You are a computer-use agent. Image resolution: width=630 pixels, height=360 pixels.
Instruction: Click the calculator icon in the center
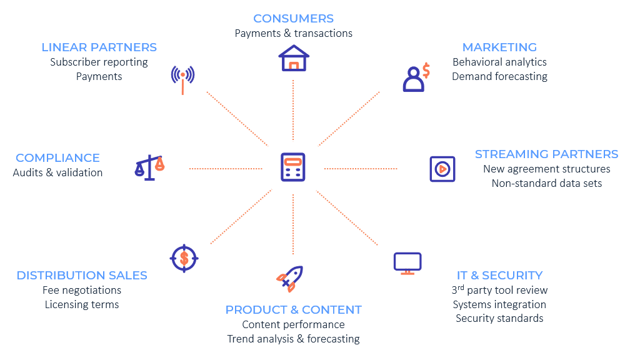click(292, 167)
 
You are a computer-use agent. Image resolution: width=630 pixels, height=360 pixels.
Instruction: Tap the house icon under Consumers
click(293, 58)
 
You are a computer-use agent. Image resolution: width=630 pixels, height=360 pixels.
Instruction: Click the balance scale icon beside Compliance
click(149, 167)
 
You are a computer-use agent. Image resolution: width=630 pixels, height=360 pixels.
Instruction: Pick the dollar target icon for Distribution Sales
click(184, 256)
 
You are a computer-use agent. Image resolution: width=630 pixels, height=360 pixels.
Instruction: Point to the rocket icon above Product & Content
click(289, 278)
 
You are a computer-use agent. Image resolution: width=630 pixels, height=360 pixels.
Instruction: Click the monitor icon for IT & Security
click(407, 263)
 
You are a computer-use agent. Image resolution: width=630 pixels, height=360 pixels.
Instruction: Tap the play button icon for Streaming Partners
click(442, 169)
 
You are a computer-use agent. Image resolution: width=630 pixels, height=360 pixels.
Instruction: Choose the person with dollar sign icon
click(416, 77)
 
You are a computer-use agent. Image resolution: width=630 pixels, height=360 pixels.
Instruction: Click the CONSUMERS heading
click(293, 19)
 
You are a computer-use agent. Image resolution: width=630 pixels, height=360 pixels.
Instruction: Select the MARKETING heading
click(499, 47)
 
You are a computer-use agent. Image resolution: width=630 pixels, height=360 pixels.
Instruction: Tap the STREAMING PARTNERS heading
click(546, 154)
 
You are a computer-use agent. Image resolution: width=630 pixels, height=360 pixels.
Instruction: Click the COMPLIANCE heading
click(57, 158)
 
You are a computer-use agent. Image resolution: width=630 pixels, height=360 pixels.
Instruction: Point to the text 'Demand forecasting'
click(499, 77)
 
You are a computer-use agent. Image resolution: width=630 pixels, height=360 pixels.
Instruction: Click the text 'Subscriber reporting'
click(99, 62)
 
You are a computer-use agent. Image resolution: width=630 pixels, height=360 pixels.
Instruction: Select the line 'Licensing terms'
click(82, 305)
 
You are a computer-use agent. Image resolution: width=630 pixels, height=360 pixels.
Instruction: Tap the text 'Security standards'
click(499, 319)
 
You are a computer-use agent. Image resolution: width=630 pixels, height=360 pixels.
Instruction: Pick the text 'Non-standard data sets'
click(546, 184)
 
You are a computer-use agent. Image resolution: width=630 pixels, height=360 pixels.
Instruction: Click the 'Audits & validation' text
click(57, 173)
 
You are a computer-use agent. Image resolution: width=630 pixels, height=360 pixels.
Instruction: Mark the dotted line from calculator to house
click(292, 112)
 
